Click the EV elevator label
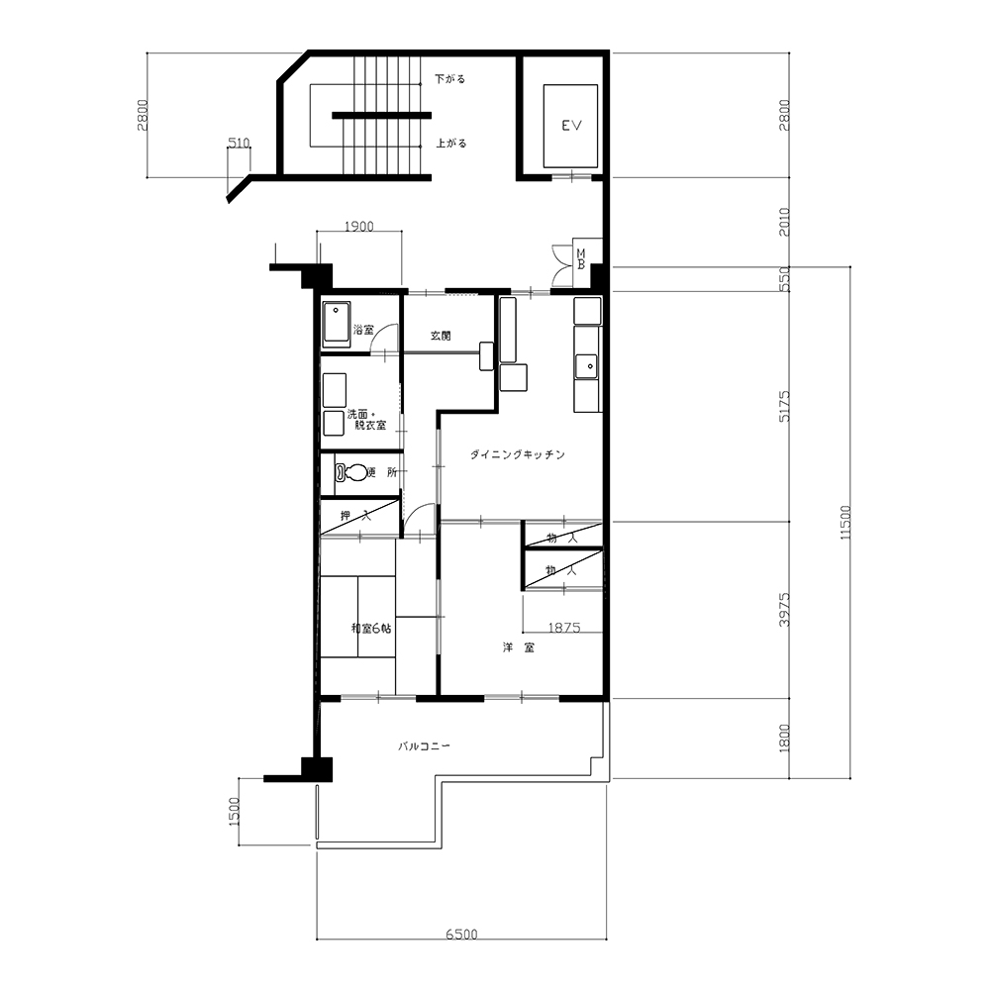click(x=571, y=126)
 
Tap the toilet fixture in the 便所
click(x=351, y=472)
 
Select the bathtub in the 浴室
click(x=337, y=325)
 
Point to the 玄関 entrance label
click(x=441, y=336)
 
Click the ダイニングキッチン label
click(x=518, y=454)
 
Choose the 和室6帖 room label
click(x=371, y=629)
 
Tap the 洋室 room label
click(x=519, y=647)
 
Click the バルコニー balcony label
click(x=424, y=745)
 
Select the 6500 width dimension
click(x=461, y=934)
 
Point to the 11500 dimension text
click(x=845, y=522)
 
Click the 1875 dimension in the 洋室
click(x=564, y=628)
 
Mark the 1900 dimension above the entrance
click(x=358, y=226)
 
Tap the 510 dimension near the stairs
click(x=239, y=144)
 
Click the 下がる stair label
click(x=450, y=79)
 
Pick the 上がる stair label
click(x=451, y=144)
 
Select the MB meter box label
click(x=581, y=258)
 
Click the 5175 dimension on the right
click(x=784, y=406)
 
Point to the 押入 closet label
click(x=356, y=515)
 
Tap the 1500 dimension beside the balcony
click(x=235, y=812)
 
